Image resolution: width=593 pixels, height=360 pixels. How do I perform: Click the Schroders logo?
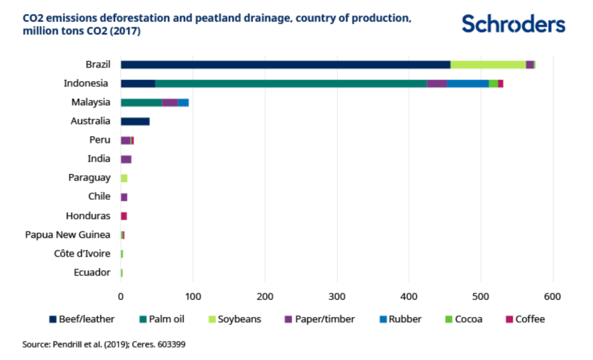click(513, 24)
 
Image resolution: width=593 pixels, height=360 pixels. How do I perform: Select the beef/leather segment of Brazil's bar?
click(285, 65)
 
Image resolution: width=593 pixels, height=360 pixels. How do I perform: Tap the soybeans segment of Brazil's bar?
click(488, 65)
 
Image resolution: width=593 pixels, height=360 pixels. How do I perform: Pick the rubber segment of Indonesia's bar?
click(467, 84)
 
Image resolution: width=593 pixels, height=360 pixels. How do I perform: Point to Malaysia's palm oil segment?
click(141, 103)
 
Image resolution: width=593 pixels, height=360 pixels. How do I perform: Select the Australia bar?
click(135, 121)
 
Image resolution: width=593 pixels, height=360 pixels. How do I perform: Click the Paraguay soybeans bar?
click(124, 178)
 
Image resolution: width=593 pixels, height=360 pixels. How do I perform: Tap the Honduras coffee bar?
click(124, 216)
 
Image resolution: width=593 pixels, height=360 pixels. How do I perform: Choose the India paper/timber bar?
click(126, 160)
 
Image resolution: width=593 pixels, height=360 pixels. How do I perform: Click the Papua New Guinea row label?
click(67, 234)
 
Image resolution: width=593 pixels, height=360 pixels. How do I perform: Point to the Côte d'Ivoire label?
click(82, 254)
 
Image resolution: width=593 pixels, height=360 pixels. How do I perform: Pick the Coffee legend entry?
click(525, 320)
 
